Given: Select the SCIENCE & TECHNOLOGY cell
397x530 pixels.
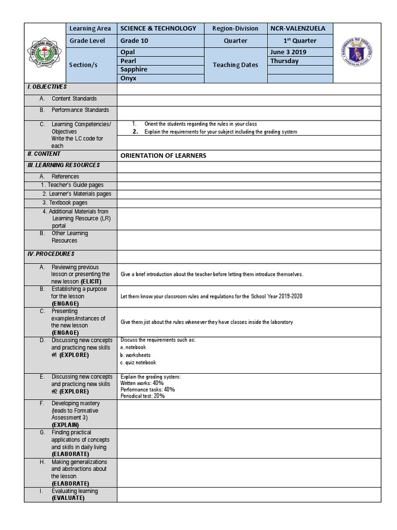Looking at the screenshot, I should pyautogui.click(x=158, y=28).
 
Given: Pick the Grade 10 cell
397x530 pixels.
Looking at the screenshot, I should pyautogui.click(x=134, y=41).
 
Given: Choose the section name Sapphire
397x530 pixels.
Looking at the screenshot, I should pyautogui.click(x=134, y=69).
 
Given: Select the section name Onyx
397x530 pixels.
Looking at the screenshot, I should pyautogui.click(x=128, y=78).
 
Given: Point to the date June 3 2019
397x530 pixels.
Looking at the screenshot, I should pyautogui.click(x=288, y=52).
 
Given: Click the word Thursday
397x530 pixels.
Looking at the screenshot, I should pyautogui.click(x=284, y=61).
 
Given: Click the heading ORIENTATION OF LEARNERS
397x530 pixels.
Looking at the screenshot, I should pyautogui.click(x=163, y=156).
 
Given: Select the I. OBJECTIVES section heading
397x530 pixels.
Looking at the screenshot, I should pyautogui.click(x=47, y=87).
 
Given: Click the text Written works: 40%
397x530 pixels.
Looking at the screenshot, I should pyautogui.click(x=142, y=383).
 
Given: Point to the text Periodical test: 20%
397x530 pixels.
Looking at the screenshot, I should pyautogui.click(x=143, y=395).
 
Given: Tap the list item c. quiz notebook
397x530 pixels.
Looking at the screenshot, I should pyautogui.click(x=138, y=363).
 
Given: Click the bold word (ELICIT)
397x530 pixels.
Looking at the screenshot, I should pyautogui.click(x=91, y=281).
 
